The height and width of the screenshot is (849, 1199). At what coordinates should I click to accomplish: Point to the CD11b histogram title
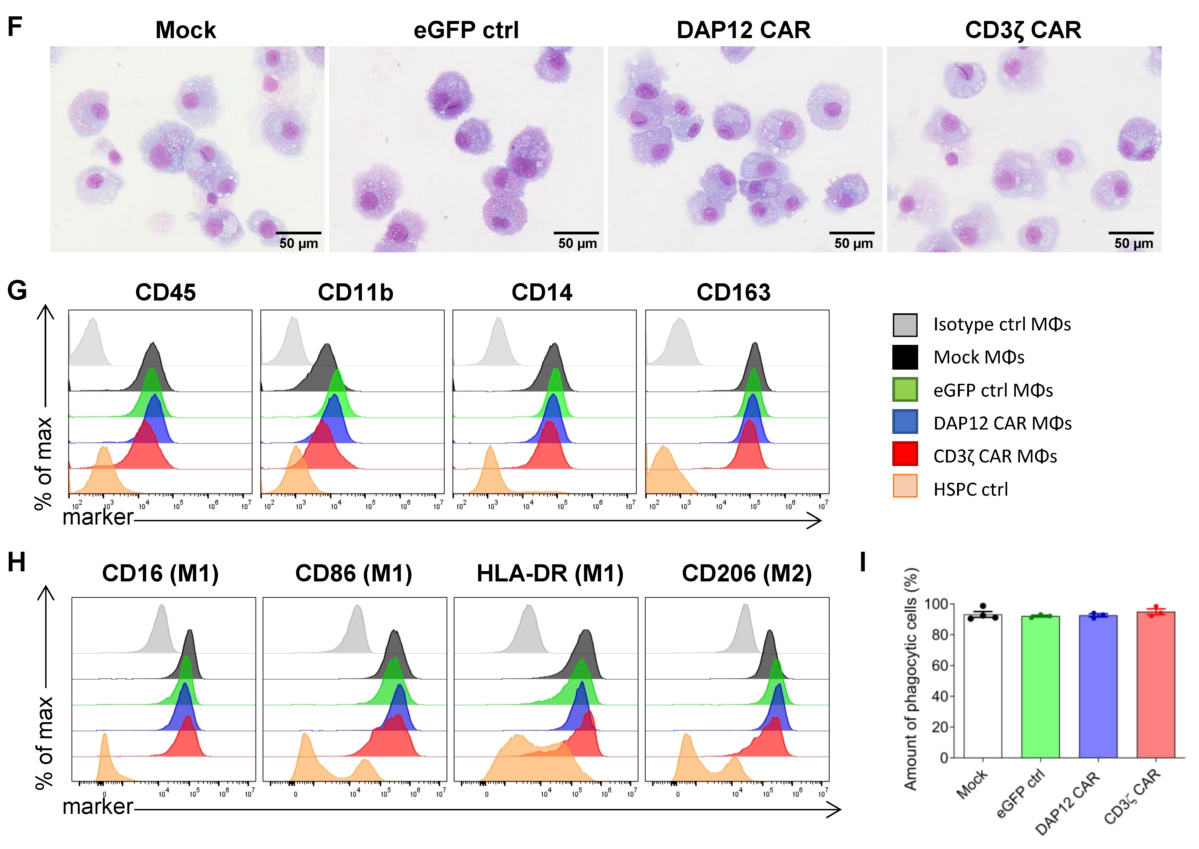coord(355,292)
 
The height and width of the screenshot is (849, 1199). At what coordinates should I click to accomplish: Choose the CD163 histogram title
coord(733,292)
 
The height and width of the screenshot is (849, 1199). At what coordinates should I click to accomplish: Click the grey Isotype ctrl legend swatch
coord(905,325)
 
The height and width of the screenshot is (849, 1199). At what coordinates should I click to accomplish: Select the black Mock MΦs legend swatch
coord(905,358)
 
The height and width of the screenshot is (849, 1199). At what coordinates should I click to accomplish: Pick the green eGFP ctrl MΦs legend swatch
coord(905,391)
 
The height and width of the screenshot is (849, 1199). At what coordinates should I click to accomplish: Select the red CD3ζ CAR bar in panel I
coord(1156,685)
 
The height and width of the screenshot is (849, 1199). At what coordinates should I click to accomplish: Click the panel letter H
coord(16,563)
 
